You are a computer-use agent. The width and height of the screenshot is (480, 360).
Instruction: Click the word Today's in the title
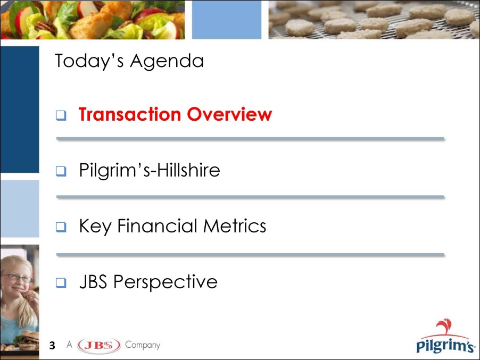pyautogui.click(x=89, y=61)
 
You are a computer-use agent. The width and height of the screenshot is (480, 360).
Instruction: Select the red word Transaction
pyautogui.click(x=130, y=114)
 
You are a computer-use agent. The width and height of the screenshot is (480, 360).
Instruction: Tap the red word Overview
pyautogui.click(x=229, y=114)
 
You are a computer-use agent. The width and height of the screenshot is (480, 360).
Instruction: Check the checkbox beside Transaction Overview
pyautogui.click(x=61, y=115)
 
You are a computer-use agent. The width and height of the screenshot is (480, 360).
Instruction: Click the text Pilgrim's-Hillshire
pyautogui.click(x=150, y=170)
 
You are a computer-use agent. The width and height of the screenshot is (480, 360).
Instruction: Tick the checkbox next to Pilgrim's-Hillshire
pyautogui.click(x=61, y=171)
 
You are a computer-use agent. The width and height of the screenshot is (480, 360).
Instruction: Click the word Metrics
pyautogui.click(x=235, y=226)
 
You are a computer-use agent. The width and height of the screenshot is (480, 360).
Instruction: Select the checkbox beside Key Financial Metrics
pyautogui.click(x=61, y=227)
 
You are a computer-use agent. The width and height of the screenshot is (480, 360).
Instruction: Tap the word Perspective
pyautogui.click(x=165, y=282)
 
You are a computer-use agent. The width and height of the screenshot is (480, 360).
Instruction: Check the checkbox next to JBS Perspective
pyautogui.click(x=61, y=282)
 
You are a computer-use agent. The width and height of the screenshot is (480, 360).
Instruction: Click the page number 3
pyautogui.click(x=52, y=345)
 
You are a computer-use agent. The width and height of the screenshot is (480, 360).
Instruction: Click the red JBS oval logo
pyautogui.click(x=99, y=345)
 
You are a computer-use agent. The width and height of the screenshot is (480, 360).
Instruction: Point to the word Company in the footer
pyautogui.click(x=143, y=345)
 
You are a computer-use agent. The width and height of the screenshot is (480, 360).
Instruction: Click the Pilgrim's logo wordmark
pyautogui.click(x=445, y=346)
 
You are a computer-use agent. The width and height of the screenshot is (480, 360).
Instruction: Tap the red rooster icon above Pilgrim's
pyautogui.click(x=444, y=326)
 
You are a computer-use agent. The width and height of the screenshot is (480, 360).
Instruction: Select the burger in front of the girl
pyautogui.click(x=27, y=340)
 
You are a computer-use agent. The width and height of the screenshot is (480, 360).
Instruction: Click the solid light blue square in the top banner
pyautogui.click(x=227, y=20)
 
